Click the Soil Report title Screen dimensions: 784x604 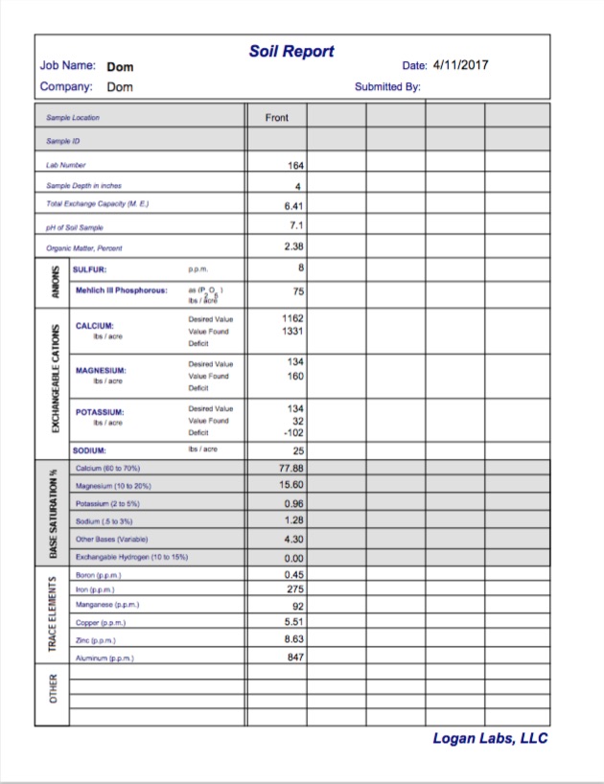click(x=291, y=51)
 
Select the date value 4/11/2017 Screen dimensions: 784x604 click(x=460, y=66)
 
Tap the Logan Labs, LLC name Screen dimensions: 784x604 click(x=490, y=738)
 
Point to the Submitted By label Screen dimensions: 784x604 click(x=387, y=87)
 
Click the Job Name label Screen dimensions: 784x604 click(x=67, y=66)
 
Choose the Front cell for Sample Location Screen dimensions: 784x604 click(x=277, y=118)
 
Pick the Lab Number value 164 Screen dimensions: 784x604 click(x=295, y=166)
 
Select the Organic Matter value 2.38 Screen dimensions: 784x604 click(x=294, y=247)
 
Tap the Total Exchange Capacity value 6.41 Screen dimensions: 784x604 click(x=294, y=205)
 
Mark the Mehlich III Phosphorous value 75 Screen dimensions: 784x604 click(x=298, y=291)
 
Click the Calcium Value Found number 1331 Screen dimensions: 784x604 click(x=292, y=331)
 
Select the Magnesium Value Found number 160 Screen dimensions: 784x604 click(x=295, y=376)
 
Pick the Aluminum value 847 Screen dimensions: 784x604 click(x=295, y=657)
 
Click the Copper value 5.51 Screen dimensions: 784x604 click(x=294, y=621)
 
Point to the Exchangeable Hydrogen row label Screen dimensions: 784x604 click(x=131, y=557)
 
